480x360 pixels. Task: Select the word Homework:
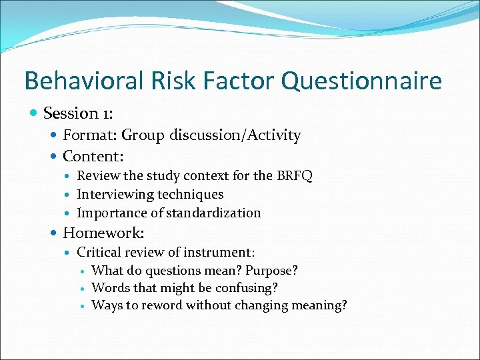click(103, 233)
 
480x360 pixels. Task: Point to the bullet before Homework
click(54, 233)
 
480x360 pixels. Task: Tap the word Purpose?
click(271, 271)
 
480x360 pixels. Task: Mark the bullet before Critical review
click(69, 253)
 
